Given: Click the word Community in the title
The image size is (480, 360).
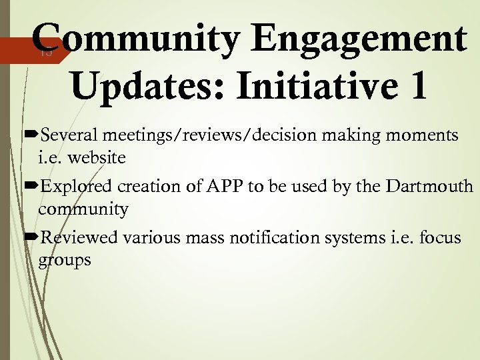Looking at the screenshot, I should pyautogui.click(x=134, y=38).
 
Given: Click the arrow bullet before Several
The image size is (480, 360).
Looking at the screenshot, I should pyautogui.click(x=31, y=136).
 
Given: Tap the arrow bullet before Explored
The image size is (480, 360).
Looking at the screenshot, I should pyautogui.click(x=31, y=186).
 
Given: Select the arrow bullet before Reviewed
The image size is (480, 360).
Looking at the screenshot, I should pyautogui.click(x=31, y=237).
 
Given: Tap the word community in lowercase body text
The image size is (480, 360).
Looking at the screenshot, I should pyautogui.click(x=83, y=210).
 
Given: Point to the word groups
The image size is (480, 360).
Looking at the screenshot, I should pyautogui.click(x=65, y=261).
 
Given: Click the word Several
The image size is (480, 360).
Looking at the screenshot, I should pyautogui.click(x=71, y=136).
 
